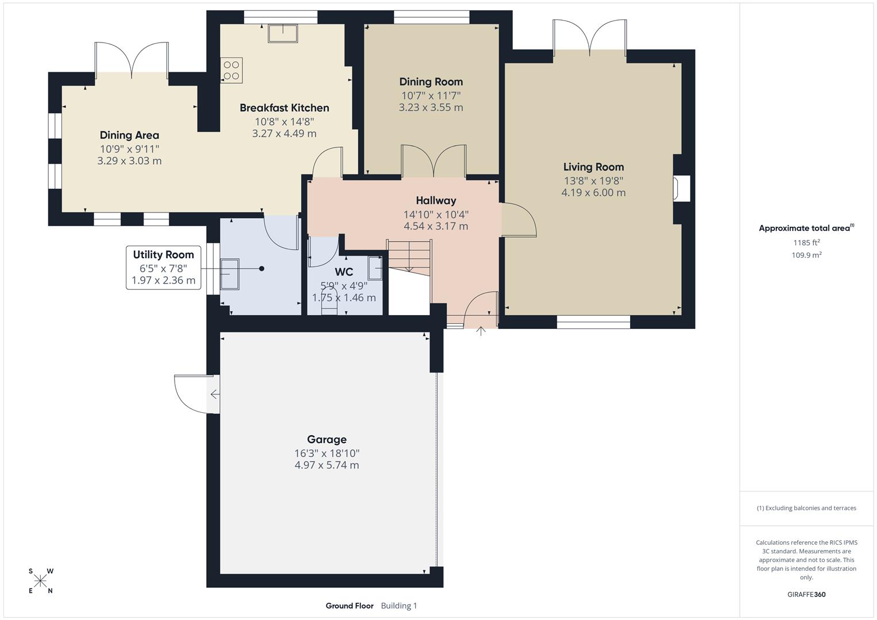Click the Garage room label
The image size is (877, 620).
coord(326,439)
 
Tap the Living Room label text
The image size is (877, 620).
coord(593,167)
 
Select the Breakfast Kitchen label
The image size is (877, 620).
coord(284,108)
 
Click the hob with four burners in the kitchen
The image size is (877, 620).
coord(231,70)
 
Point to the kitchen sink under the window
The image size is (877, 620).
coord(283,33)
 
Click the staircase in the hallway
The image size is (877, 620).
coord(409,256)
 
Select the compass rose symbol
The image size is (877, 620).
coord(40,581)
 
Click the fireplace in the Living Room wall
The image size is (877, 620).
coord(682,189)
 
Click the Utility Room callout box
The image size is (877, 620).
coord(164,268)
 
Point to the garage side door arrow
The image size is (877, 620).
coord(214,394)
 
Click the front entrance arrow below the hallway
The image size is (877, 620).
coord(481,331)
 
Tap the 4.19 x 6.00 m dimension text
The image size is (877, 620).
coord(593,193)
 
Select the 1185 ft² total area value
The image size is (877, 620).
coord(806,242)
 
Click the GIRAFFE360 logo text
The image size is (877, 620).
coord(806,594)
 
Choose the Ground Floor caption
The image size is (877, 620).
coord(349,606)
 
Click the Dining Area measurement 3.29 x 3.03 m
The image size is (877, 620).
coord(129,161)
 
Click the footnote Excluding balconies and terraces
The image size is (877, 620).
coord(806,508)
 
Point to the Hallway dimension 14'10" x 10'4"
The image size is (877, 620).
coord(436,215)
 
